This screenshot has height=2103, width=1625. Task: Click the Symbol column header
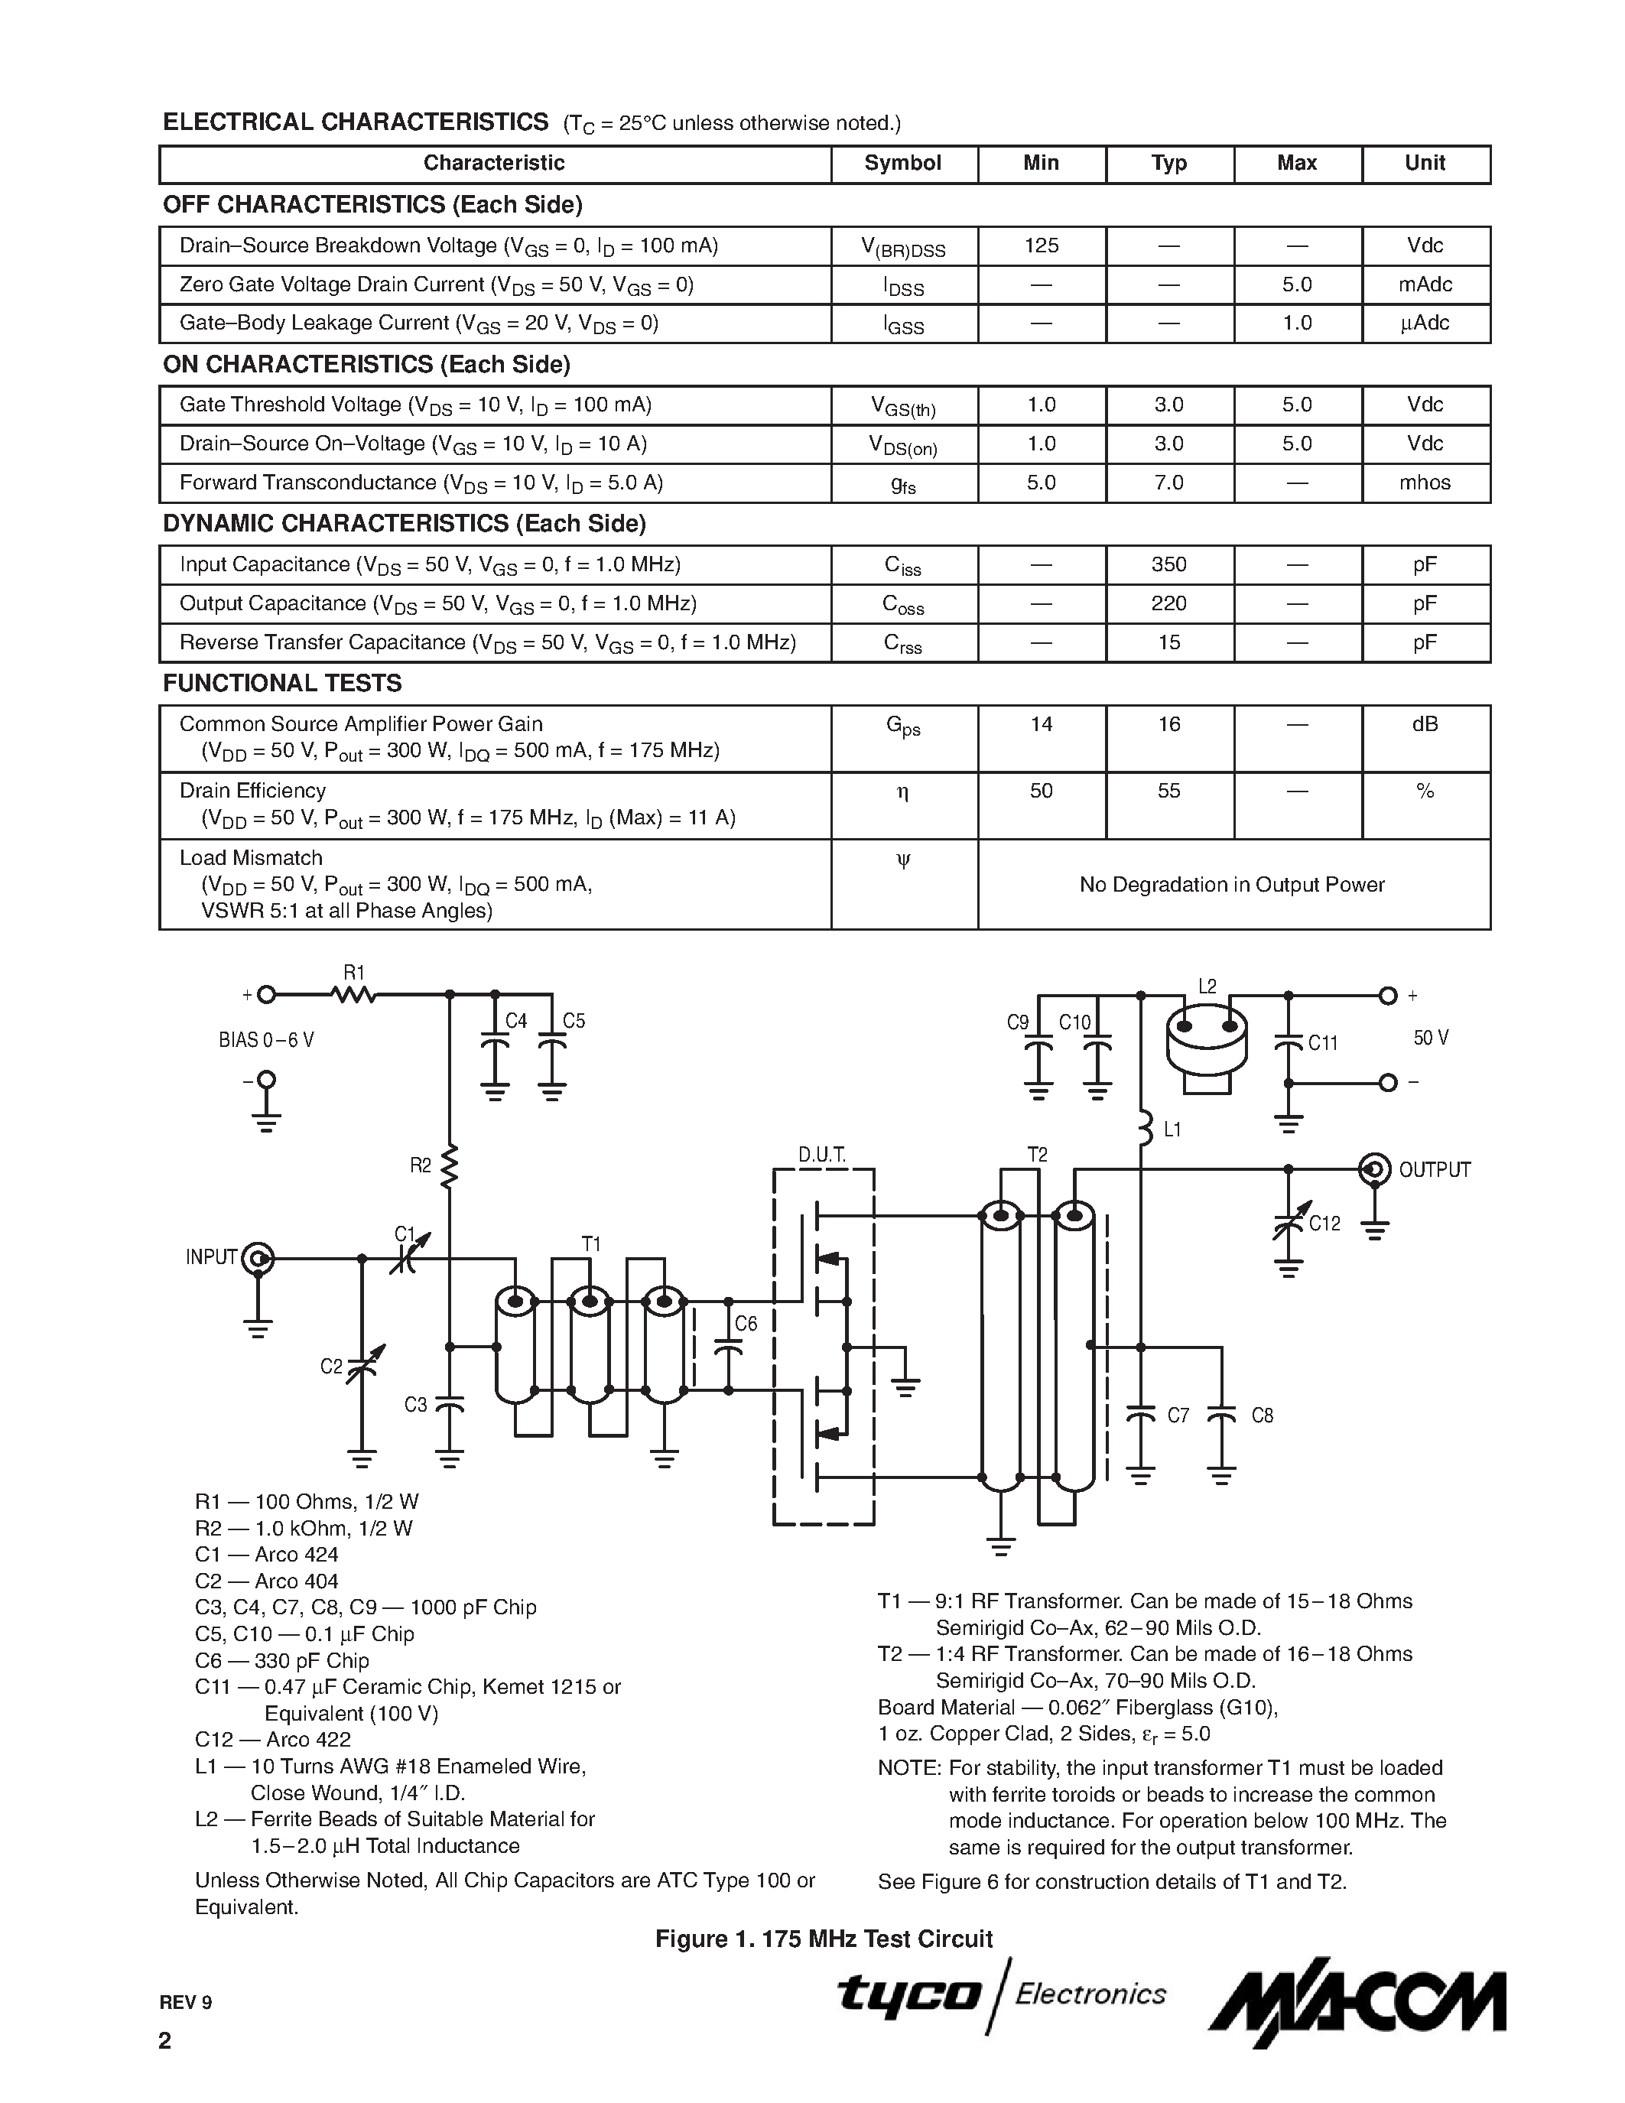pyautogui.click(x=902, y=163)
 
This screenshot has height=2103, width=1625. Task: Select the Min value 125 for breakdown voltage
pyautogui.click(x=1041, y=245)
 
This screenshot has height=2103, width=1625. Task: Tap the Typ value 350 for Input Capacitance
pyautogui.click(x=1168, y=564)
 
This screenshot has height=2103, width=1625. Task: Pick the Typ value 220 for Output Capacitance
pyautogui.click(x=1168, y=603)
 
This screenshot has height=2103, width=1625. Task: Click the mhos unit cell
pyautogui.click(x=1424, y=483)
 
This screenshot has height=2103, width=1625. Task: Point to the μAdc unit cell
pyautogui.click(x=1424, y=323)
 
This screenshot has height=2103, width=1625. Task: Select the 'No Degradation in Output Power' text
pyautogui.click(x=1231, y=884)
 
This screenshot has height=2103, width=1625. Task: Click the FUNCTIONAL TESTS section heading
pyautogui.click(x=282, y=684)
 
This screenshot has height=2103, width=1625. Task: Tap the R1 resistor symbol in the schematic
pyautogui.click(x=353, y=995)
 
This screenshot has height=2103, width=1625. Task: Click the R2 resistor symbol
pyautogui.click(x=450, y=1167)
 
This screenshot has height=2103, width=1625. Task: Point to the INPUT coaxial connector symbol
pyautogui.click(x=258, y=1257)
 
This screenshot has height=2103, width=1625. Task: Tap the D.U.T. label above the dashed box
pyautogui.click(x=822, y=1155)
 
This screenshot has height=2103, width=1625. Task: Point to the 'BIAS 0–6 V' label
pyautogui.click(x=267, y=1040)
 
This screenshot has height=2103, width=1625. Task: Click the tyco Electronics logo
pyautogui.click(x=1001, y=1994)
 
